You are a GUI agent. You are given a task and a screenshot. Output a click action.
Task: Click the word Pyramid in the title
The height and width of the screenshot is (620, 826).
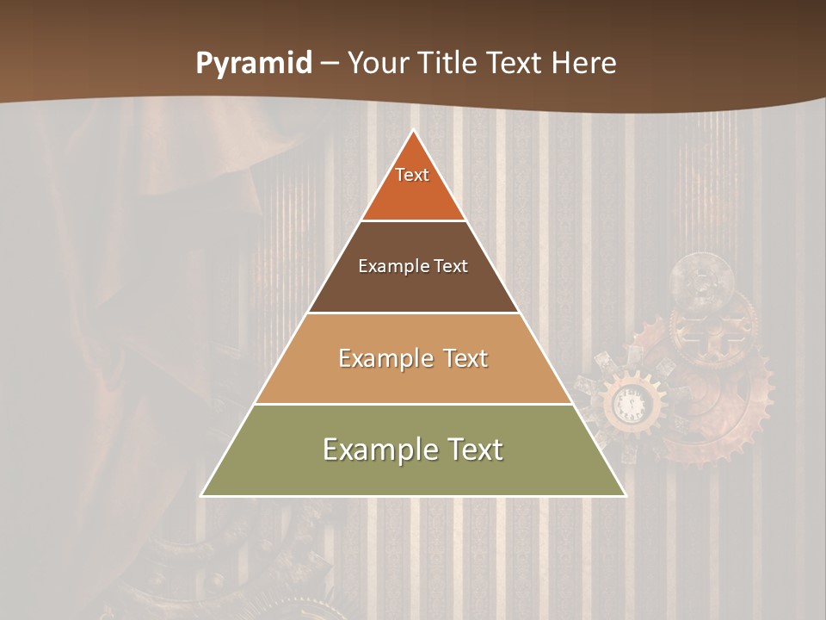pyautogui.click(x=254, y=64)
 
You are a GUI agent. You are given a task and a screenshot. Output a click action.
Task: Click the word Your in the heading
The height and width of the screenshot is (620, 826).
pyautogui.click(x=377, y=64)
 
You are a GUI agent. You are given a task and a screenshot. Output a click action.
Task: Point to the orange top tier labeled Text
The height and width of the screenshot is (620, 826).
pyautogui.click(x=413, y=185)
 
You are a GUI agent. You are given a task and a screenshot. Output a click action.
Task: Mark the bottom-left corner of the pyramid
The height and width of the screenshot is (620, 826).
pyautogui.click(x=201, y=496)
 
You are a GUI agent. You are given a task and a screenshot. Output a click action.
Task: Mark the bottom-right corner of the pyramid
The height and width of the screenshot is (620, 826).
pyautogui.click(x=626, y=496)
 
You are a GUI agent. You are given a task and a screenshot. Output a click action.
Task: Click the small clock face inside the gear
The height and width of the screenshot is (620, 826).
pyautogui.click(x=631, y=403)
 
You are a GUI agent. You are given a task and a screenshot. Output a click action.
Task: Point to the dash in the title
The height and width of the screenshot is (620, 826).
pyautogui.click(x=330, y=65)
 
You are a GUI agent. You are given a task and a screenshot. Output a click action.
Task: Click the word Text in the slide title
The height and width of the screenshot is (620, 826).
pyautogui.click(x=514, y=64)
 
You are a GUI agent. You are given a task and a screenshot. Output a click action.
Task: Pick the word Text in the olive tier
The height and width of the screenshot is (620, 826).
pyautogui.click(x=472, y=449)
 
